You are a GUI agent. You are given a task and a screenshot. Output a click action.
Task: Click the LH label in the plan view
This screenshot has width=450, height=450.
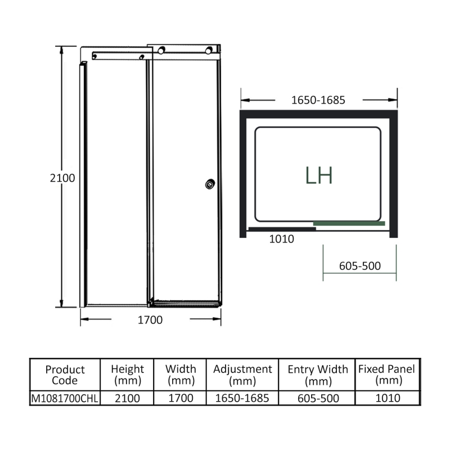click(319, 175)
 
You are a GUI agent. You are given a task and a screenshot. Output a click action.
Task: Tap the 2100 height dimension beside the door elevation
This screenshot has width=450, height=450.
click(62, 177)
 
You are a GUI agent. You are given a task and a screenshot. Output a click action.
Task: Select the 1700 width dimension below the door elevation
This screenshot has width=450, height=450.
click(150, 320)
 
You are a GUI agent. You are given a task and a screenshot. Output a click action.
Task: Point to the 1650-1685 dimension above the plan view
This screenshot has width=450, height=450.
click(318, 100)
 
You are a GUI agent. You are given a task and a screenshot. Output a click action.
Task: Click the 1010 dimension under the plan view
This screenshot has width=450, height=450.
click(282, 238)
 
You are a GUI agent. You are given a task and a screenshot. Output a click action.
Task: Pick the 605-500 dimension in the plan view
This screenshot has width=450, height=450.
click(360, 265)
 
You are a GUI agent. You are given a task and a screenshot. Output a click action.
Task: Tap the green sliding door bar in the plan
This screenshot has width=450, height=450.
click(349, 223)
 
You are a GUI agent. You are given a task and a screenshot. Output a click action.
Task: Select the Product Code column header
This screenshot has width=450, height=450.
click(65, 375)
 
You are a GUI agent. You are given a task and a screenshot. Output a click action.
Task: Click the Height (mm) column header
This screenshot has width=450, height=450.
click(127, 375)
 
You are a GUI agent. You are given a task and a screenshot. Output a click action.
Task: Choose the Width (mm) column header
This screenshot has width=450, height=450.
click(181, 375)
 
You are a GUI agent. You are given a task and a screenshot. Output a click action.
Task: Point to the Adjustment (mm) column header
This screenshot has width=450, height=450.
click(242, 375)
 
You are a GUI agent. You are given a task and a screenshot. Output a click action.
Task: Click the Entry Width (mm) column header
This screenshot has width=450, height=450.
click(318, 375)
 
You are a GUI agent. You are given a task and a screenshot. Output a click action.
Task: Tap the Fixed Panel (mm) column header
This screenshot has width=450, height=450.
click(386, 375)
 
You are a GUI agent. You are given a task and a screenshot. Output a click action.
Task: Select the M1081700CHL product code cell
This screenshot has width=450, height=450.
click(65, 398)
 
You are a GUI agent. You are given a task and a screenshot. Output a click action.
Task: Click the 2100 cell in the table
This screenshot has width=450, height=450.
click(127, 398)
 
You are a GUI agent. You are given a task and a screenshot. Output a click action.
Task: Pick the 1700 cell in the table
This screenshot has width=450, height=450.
click(181, 398)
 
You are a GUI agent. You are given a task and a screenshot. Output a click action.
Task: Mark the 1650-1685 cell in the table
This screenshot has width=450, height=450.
click(242, 398)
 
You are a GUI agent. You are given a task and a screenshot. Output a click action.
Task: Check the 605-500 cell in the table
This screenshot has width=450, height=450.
click(318, 398)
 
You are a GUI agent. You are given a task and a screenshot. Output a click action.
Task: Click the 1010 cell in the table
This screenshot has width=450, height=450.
click(386, 398)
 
